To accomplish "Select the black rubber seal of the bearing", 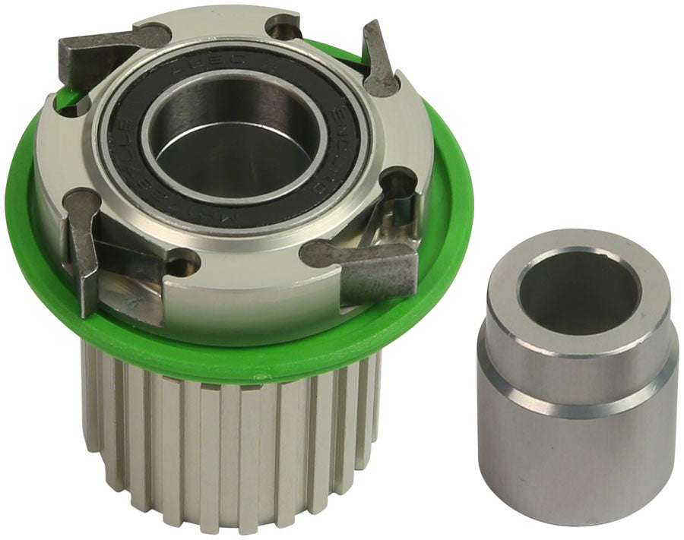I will coord(129,152).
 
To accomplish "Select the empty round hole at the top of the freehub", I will coord(283,28).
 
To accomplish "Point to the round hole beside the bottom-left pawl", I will coord(181,266).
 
